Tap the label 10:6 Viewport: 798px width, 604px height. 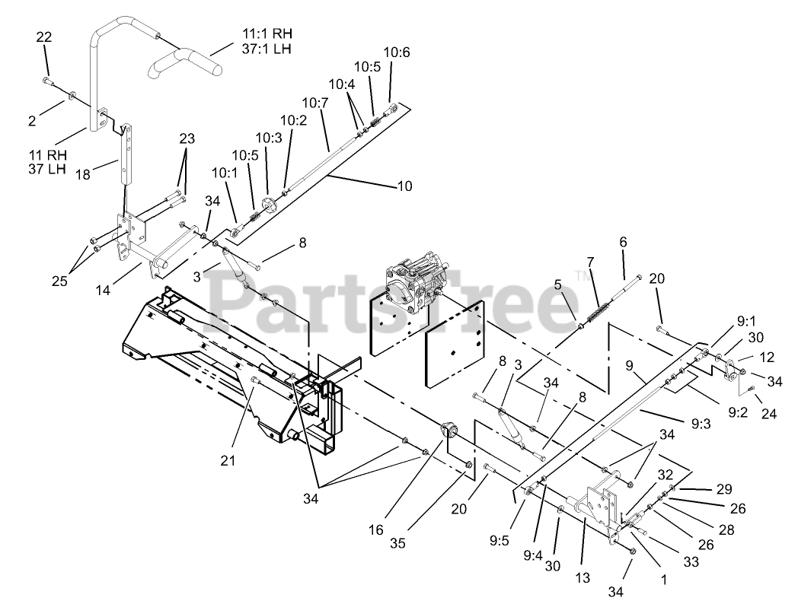tap(396, 52)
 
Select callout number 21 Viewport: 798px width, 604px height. tap(228, 459)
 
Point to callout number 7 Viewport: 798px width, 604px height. tap(589, 262)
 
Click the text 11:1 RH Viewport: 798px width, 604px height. tap(267, 34)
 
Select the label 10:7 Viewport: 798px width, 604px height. tap(314, 102)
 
